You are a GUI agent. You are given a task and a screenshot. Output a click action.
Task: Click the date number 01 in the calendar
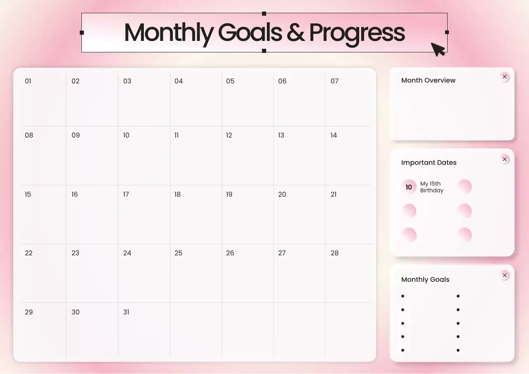point(28,81)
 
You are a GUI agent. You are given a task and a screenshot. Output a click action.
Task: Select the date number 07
point(334,81)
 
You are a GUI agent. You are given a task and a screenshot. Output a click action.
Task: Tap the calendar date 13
point(281,135)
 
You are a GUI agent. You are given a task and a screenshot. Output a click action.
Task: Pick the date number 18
point(177,194)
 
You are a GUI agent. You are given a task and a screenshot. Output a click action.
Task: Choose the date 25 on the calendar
point(178,253)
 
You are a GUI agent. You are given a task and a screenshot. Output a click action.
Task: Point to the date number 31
point(126,312)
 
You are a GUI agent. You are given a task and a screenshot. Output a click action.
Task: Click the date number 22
point(29,253)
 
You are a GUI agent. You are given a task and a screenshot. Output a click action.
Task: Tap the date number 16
point(74,194)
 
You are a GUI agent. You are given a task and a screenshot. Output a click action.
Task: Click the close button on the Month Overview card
point(505,76)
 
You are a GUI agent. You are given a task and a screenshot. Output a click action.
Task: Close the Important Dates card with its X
point(505,159)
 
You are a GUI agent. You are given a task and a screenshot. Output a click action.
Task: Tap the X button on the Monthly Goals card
point(505,275)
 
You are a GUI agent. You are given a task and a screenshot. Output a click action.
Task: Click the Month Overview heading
point(428,80)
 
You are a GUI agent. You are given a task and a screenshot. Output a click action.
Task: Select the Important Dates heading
point(429,162)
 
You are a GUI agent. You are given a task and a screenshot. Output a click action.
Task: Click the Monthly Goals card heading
point(425,279)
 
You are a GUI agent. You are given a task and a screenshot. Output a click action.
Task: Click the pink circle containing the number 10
point(409,187)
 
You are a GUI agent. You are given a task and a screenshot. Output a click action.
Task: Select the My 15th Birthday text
point(431,187)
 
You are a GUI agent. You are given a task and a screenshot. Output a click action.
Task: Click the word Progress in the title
point(357,32)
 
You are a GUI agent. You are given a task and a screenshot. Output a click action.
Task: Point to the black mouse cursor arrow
point(437,48)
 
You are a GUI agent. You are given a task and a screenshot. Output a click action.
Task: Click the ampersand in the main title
point(295,32)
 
